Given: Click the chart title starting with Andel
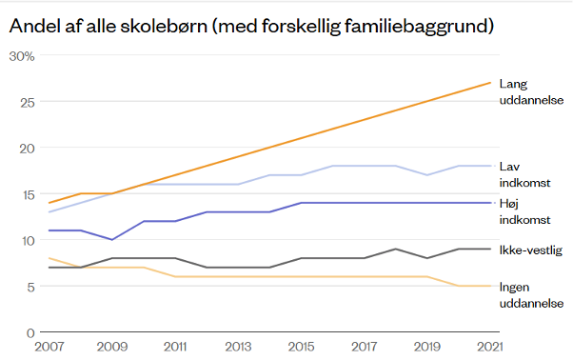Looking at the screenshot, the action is tap(251, 26).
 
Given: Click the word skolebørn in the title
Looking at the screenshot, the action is tap(164, 25).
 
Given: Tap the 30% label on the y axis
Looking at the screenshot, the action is tap(22, 56).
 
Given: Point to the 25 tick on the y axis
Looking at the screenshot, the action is tap(28, 102).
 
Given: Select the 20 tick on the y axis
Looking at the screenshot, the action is tap(27, 149).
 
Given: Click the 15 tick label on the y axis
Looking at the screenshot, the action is tap(28, 195).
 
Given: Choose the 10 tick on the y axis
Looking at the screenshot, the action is tap(28, 241).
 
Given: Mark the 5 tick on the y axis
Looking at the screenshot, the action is tap(30, 287).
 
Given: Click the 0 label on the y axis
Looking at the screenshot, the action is tap(30, 333).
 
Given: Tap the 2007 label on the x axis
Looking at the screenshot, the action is tap(49, 347).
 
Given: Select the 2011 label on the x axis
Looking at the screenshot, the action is tap(175, 347).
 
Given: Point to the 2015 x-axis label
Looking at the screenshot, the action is tap(301, 347).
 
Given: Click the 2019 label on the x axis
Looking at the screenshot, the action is tap(427, 347).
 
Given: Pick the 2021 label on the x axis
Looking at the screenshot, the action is tap(490, 347).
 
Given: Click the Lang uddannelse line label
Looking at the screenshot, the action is tap(532, 91).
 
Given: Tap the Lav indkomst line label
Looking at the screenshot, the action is tap(525, 174).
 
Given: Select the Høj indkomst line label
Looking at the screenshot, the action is tap(525, 211).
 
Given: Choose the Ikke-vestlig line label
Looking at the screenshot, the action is tap(531, 250).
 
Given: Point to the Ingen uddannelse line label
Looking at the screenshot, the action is tap(532, 295).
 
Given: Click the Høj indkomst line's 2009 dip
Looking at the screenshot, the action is tap(112, 239).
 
